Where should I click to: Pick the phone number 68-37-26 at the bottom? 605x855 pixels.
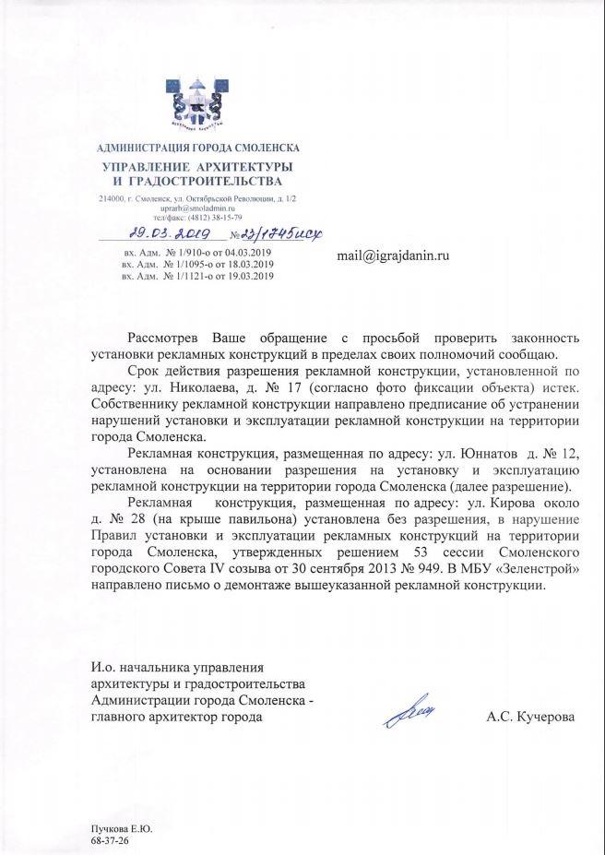pos(109,842)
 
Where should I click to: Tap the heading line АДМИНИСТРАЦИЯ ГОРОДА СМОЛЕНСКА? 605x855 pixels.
pos(198,148)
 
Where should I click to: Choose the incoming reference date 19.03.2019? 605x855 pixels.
pos(249,276)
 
